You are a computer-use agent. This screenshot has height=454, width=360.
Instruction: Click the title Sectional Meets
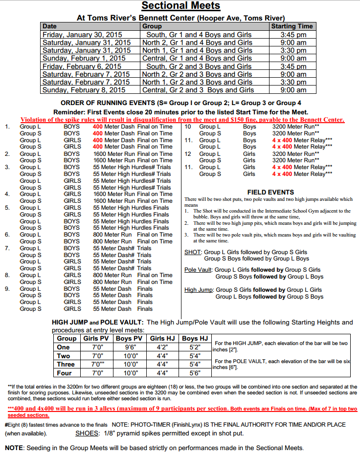coord(180,6)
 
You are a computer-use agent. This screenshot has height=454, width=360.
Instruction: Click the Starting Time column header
coord(292,26)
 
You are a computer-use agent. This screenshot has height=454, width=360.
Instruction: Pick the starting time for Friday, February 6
coord(293,66)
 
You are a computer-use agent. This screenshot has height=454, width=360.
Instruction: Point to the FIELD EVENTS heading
coord(270,193)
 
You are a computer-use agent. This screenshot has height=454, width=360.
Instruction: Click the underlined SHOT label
coord(192,252)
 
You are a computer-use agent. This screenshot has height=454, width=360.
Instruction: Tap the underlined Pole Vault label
coord(198,270)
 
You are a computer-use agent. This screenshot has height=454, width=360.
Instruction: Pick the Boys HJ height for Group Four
coord(195,373)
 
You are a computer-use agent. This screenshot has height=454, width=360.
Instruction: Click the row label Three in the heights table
coord(66,364)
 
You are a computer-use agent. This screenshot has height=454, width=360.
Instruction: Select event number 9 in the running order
coord(7,288)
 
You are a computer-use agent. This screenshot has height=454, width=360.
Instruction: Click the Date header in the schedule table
coord(49,26)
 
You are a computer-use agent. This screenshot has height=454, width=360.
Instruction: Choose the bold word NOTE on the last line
coord(14,448)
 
